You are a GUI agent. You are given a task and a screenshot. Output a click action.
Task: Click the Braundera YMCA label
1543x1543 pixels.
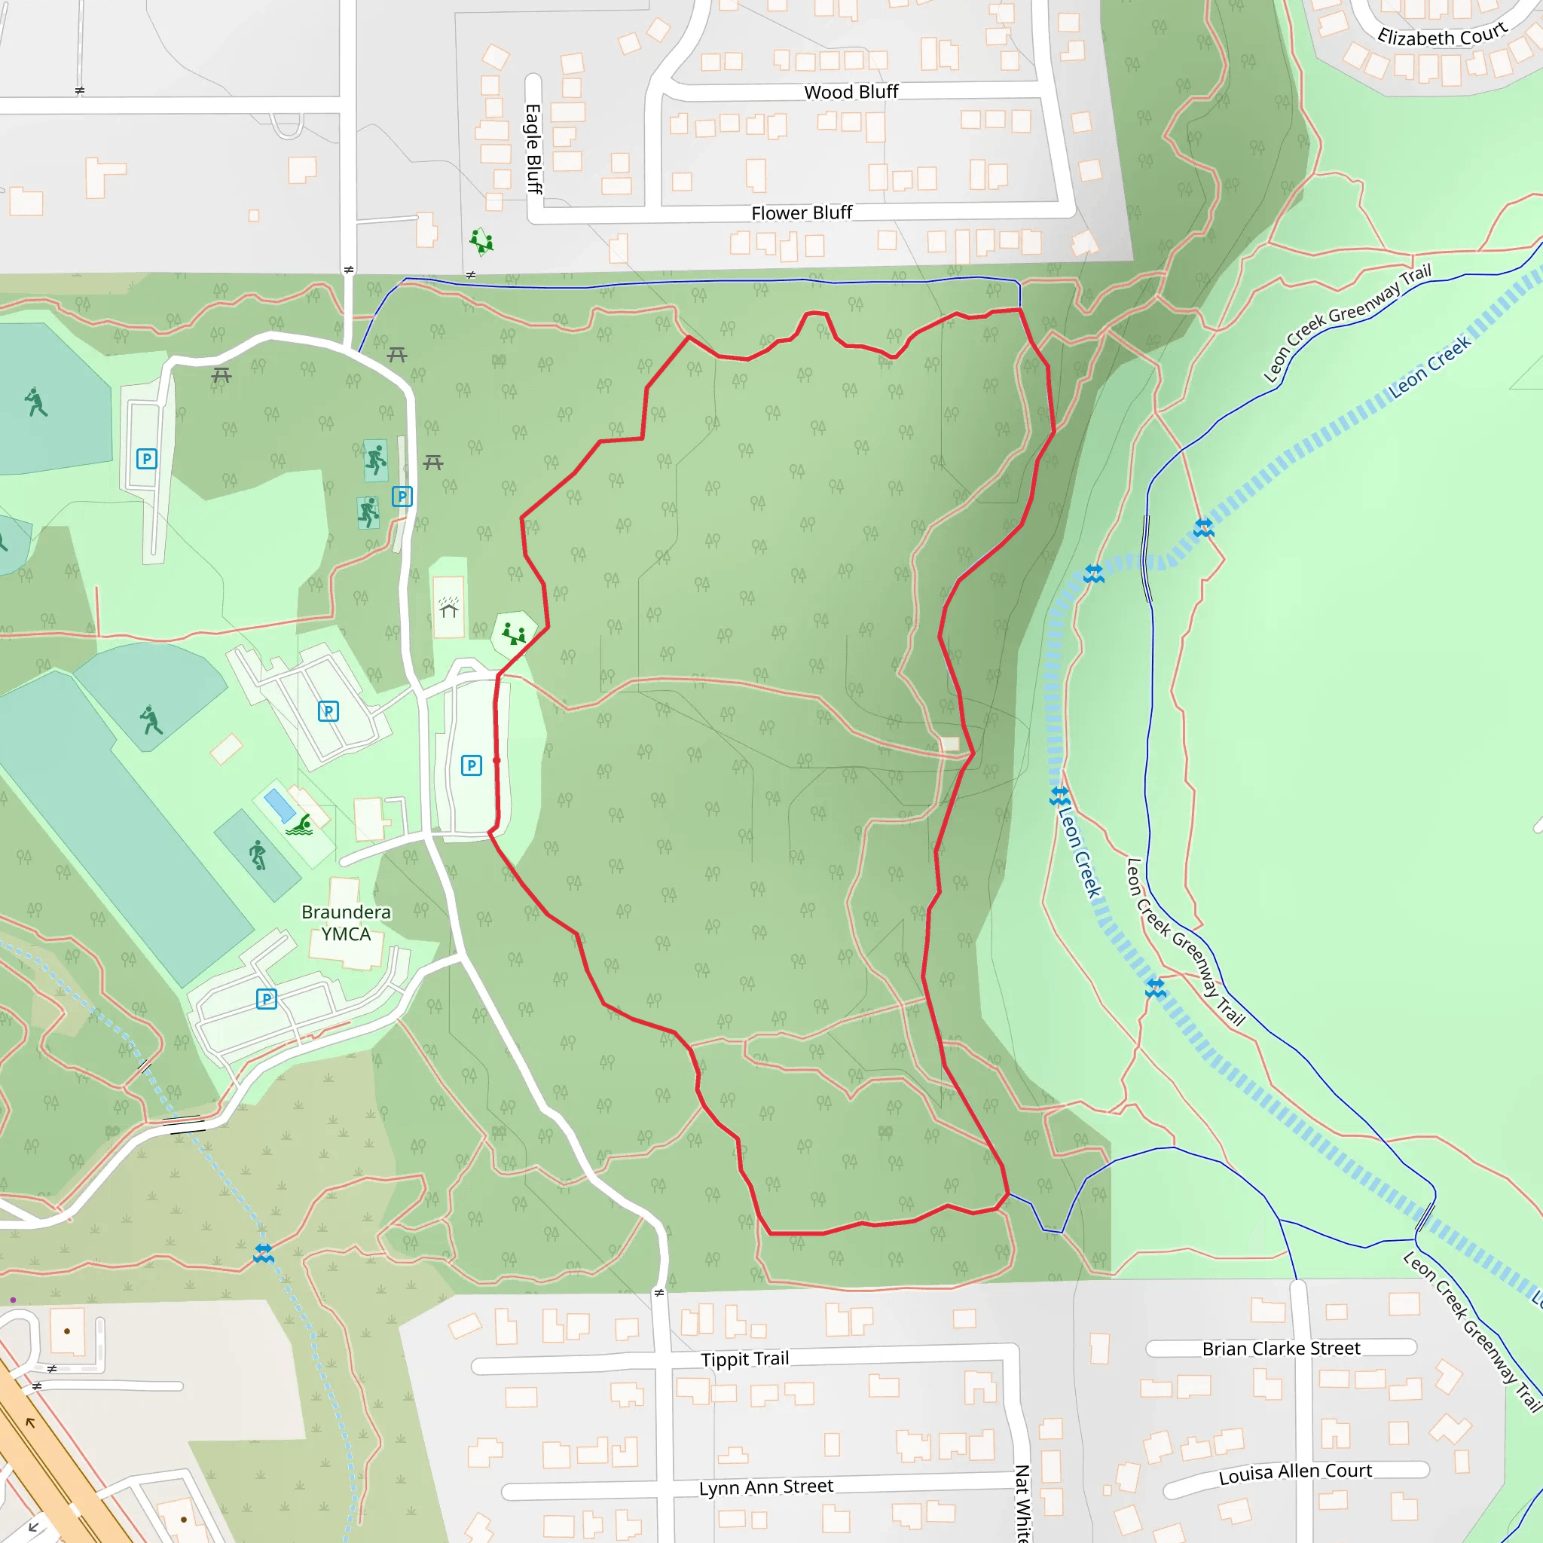click(346, 923)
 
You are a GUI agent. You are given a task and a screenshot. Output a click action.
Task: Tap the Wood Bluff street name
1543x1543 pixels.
click(851, 93)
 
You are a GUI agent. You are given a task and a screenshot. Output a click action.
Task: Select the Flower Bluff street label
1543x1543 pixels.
click(801, 213)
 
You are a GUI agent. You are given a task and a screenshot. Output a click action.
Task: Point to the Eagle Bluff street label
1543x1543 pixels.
click(533, 148)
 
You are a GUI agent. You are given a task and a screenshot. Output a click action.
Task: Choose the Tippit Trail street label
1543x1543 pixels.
click(744, 1358)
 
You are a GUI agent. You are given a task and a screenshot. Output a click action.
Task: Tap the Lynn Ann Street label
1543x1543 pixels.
click(765, 1486)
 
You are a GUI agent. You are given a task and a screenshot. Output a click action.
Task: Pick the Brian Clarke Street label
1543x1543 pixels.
click(1280, 1348)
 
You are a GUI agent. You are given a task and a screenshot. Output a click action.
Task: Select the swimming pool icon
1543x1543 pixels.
click(301, 825)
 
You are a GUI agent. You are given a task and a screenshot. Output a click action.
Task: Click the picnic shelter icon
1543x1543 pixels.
click(449, 610)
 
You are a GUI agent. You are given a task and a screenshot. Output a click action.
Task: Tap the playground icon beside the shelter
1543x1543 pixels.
click(514, 635)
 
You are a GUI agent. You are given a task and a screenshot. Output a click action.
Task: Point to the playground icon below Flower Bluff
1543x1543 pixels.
click(481, 241)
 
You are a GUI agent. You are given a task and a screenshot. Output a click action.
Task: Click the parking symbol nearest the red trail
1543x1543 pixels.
click(471, 765)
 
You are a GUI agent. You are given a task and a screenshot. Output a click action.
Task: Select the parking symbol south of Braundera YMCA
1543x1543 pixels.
click(267, 998)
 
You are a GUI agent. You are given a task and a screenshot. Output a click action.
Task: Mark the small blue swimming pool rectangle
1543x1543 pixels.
click(280, 805)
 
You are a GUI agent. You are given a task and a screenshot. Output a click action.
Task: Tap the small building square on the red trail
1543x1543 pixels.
click(949, 744)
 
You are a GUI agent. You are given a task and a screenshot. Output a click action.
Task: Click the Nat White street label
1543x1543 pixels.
click(1022, 1502)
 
